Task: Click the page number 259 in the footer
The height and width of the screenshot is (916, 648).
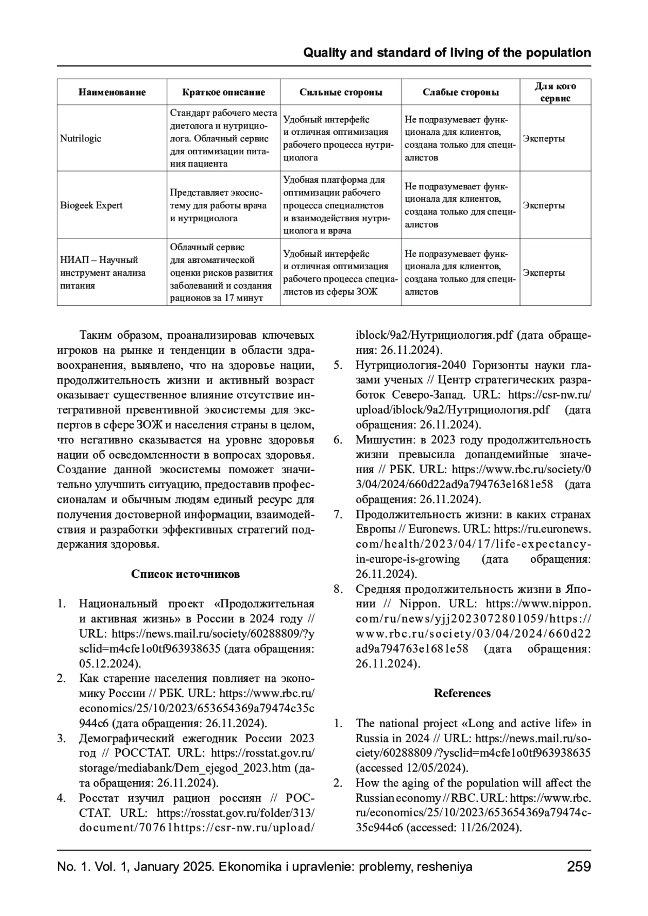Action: [x=579, y=866]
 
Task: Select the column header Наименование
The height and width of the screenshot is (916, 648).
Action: [x=112, y=92]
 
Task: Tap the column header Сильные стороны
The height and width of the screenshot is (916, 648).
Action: [x=341, y=92]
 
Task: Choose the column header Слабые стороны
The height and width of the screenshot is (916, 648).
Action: [x=461, y=92]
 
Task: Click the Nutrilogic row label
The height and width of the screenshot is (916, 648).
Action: [x=80, y=139]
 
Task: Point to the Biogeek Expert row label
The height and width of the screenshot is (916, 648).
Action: [x=91, y=206]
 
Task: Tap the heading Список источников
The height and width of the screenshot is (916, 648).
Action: [x=185, y=573]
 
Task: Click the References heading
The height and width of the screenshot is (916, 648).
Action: [x=462, y=693]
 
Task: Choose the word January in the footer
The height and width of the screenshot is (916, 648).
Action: [x=157, y=866]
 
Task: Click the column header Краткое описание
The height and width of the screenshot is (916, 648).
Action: [x=224, y=92]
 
